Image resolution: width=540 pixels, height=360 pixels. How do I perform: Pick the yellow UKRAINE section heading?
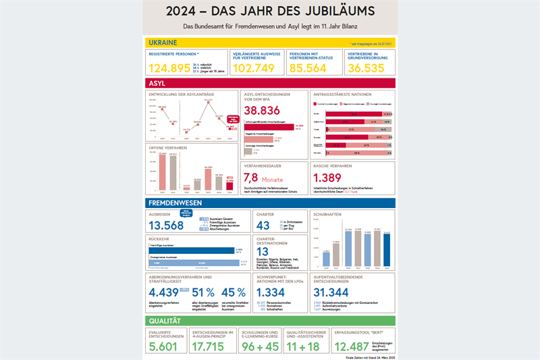coord(163,42)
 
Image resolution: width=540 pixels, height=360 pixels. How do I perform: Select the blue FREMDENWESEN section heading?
coord(176,202)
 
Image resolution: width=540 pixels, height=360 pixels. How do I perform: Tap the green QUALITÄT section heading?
coord(166,322)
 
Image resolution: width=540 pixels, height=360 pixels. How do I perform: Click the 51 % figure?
coord(204,292)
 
